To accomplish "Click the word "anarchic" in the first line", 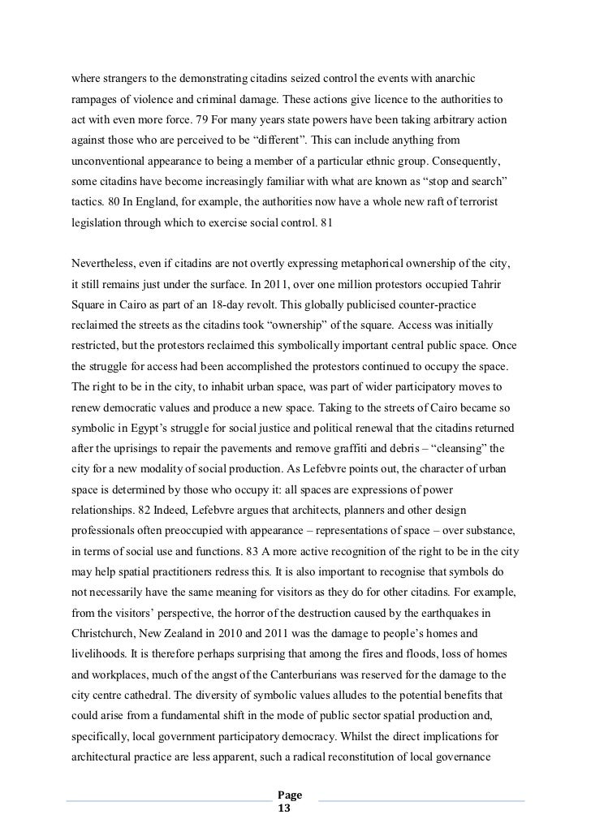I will click(454, 78).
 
